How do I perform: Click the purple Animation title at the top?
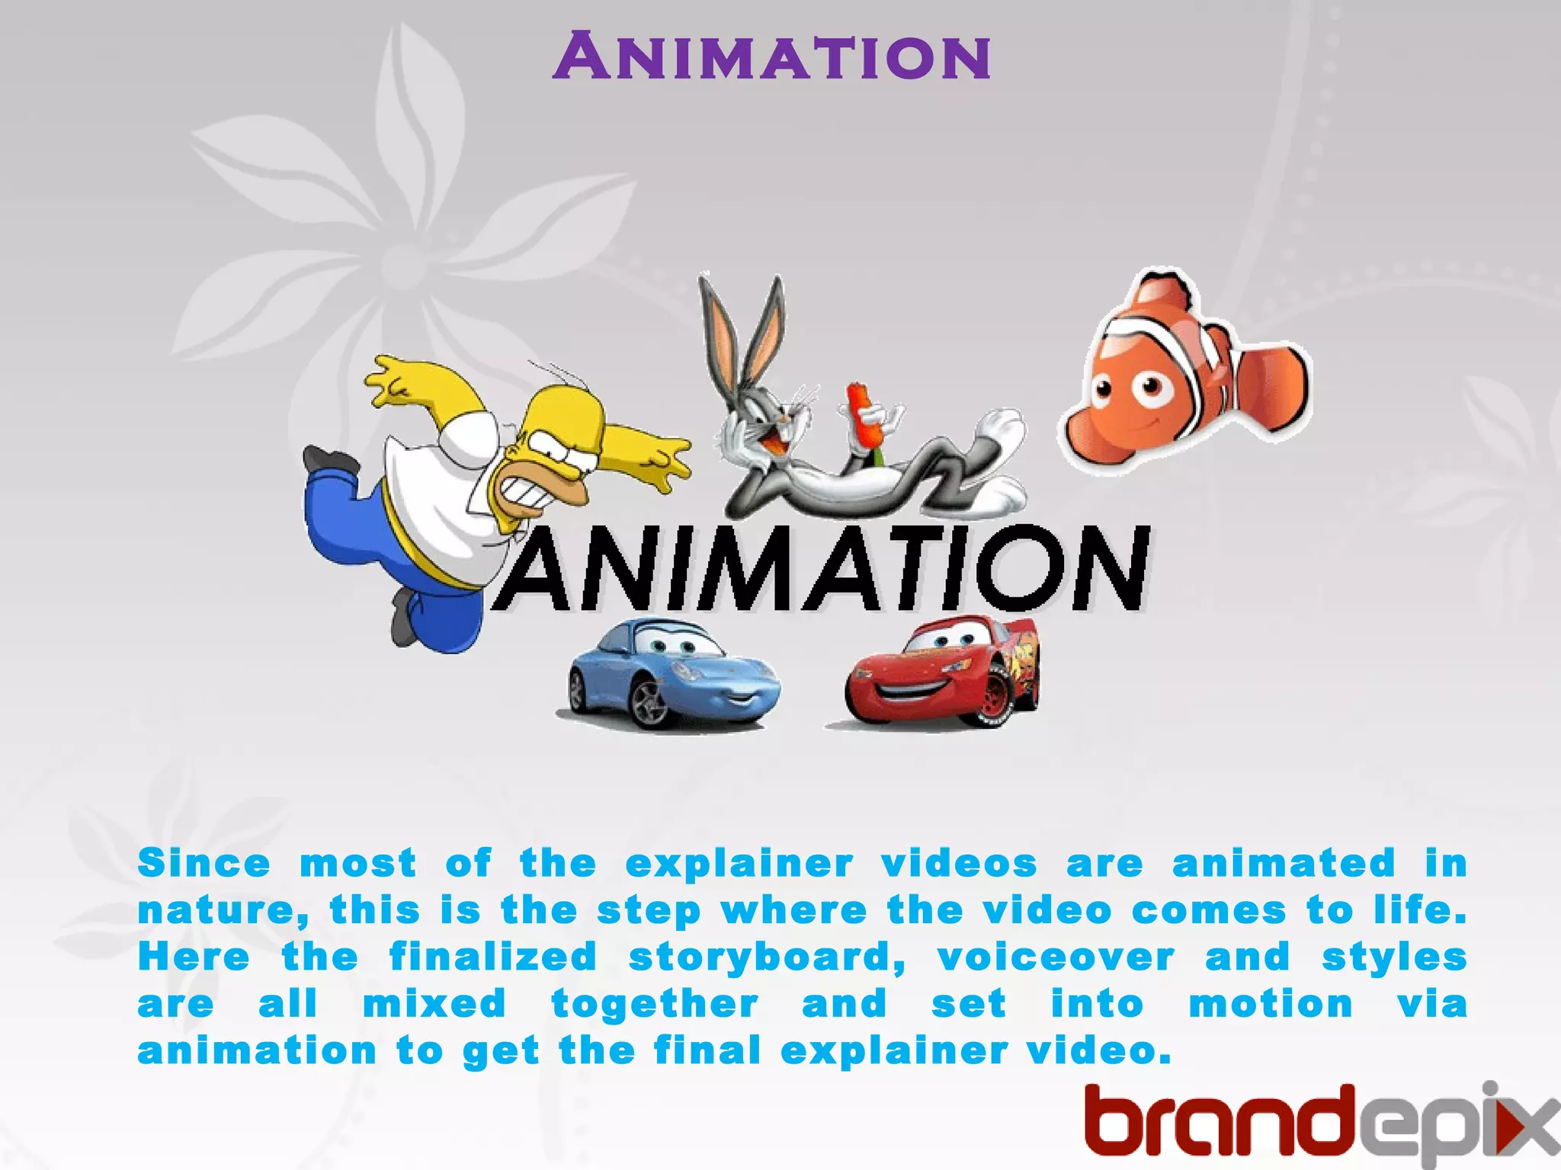tap(771, 56)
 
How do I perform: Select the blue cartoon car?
tap(671, 674)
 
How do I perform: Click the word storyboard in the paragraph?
tap(766, 958)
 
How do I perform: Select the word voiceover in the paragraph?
tap(1056, 958)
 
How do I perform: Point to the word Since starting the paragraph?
tap(204, 864)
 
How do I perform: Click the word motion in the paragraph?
tap(1271, 1004)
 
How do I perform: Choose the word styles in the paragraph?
tap(1394, 958)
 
